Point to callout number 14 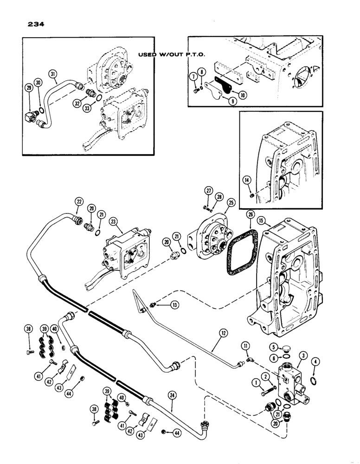coord(248,180)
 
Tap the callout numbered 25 coord(230,202)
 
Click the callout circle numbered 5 coord(275,347)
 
